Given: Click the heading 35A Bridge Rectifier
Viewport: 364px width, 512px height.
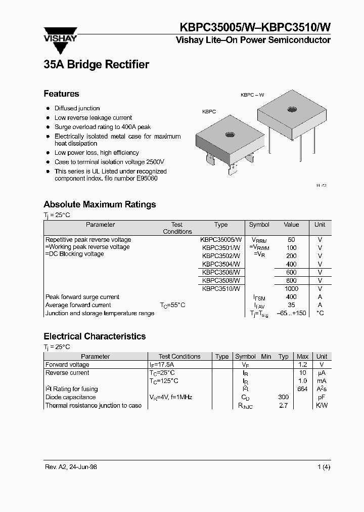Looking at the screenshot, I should (x=96, y=65).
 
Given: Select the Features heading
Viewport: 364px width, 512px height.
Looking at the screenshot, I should (x=61, y=94).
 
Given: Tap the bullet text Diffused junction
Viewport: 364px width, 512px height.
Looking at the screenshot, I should (x=77, y=108).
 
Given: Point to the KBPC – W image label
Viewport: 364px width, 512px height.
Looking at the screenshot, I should (x=252, y=95).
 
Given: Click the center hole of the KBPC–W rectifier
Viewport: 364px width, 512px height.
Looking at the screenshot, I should (x=292, y=110).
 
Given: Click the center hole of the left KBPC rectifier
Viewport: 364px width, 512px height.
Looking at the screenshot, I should (x=230, y=135).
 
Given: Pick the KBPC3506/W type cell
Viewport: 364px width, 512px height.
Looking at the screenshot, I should (x=220, y=272).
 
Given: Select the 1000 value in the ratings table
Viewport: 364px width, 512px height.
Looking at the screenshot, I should (x=291, y=288).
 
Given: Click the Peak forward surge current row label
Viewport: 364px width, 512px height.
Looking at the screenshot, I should (x=82, y=297).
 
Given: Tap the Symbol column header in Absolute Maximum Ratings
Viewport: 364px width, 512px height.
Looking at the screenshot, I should (x=259, y=225).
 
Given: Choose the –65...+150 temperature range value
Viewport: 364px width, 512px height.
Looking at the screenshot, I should (x=291, y=313).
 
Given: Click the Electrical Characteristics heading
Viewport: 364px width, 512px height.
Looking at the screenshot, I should (x=95, y=336).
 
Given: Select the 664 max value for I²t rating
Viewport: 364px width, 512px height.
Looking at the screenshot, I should (x=302, y=389).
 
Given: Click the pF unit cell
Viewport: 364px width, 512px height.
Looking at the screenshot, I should (x=322, y=397).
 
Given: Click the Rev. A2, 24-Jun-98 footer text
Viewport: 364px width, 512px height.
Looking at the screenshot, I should (x=70, y=467).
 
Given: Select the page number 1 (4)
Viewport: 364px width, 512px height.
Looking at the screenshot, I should (x=324, y=467).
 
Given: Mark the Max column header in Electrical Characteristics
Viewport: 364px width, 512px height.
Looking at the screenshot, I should (x=302, y=356).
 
